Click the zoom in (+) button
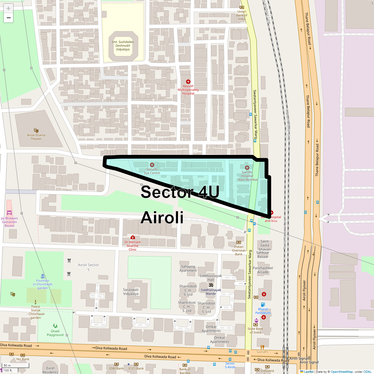pos(8,8)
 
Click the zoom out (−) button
pos(8,18)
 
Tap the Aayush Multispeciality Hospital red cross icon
pos(188,82)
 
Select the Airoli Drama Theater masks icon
pos(36,131)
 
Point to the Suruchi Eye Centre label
pos(152,171)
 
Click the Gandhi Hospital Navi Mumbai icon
pos(247,168)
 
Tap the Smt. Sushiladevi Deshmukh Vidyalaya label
pos(123,46)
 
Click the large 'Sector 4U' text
pos(180,192)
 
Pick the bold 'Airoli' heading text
pos(162,217)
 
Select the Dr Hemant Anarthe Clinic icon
pos(133,237)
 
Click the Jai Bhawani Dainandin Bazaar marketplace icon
pos(9,213)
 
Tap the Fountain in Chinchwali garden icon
pos(42,276)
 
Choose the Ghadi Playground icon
pos(55,326)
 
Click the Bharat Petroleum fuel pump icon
pos(263,304)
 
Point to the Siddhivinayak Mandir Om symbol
pos(211,285)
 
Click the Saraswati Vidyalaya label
pos(131,292)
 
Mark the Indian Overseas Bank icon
pos(239,242)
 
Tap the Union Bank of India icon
pos(242,7)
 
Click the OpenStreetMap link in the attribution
pos(342,372)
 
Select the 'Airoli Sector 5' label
pos(89,267)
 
